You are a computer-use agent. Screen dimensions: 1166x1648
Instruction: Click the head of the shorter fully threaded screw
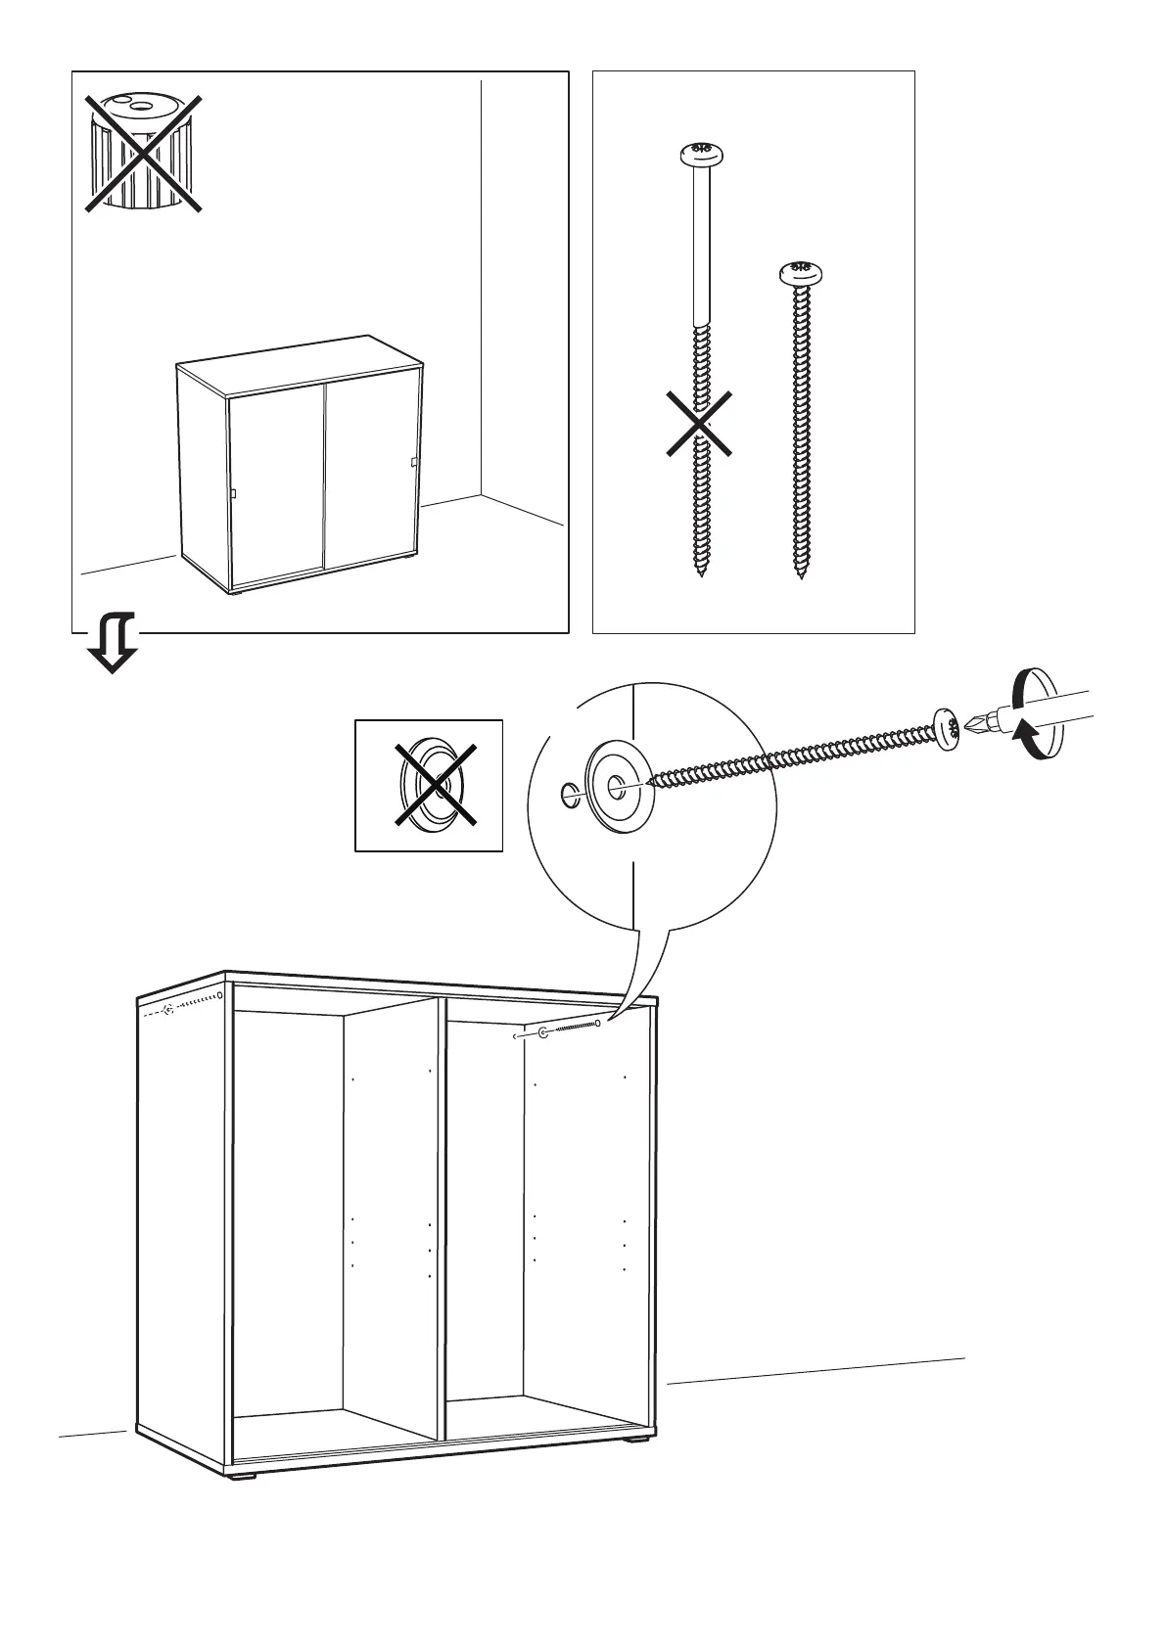[800, 272]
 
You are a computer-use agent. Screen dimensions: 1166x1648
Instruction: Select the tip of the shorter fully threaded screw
[802, 576]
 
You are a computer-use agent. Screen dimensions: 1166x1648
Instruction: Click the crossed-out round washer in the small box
[429, 786]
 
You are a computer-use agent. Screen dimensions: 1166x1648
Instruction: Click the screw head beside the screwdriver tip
[946, 729]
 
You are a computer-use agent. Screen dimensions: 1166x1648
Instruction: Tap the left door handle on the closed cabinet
[234, 494]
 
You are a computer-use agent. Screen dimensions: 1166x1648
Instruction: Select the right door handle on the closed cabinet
[414, 463]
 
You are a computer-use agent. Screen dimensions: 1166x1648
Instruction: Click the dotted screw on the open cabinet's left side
[191, 1002]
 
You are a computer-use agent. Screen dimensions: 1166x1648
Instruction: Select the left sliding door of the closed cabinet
[276, 484]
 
